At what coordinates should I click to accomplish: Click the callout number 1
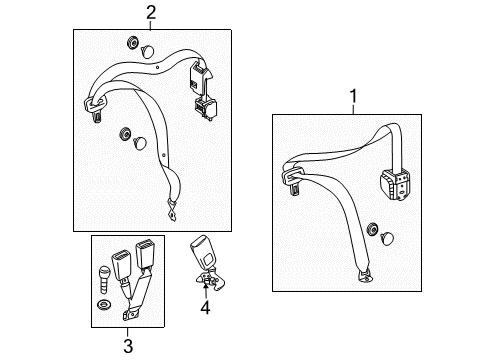353,96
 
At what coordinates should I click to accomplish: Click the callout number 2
151,12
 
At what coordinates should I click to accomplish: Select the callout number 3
128,346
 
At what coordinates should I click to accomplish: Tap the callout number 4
205,307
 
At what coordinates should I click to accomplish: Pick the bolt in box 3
104,279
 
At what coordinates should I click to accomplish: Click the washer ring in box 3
104,305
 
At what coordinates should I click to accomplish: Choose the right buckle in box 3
144,254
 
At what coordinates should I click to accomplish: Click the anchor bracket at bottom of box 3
130,314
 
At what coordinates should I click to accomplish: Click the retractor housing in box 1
395,184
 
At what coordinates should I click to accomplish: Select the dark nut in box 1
372,230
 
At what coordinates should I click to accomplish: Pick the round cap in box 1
387,239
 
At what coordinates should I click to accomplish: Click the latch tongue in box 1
293,179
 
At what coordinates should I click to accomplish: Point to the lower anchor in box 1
365,276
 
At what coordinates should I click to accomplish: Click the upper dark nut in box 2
132,43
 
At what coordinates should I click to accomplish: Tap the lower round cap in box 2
140,143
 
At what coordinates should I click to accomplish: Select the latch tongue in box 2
95,107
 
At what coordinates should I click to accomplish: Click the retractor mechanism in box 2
203,89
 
